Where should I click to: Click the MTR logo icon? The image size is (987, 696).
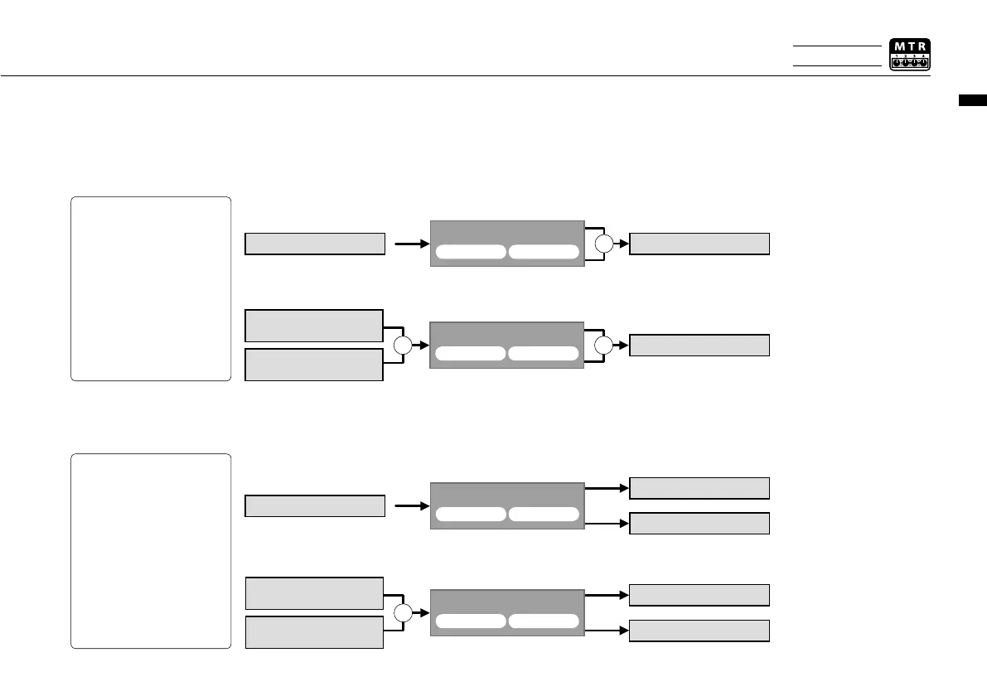pos(909,55)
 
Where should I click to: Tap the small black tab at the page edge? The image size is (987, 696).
pos(973,101)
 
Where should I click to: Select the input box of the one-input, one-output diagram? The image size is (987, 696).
pos(315,244)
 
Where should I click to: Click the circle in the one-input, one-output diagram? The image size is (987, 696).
pos(605,244)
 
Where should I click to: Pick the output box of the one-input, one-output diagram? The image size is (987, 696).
pos(699,244)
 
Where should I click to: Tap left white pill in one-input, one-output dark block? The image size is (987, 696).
pos(470,252)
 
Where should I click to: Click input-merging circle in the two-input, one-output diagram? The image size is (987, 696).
pos(402,346)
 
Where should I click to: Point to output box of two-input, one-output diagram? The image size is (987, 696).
pos(699,346)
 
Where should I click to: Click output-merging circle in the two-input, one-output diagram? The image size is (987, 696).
pos(605,346)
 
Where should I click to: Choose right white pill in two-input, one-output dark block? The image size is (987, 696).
pos(543,354)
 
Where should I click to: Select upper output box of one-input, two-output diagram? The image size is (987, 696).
pos(699,488)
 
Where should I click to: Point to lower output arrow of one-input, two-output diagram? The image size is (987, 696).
pos(607,524)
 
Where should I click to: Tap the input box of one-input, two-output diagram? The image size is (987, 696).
pos(315,505)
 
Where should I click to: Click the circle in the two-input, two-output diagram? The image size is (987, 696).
pos(402,613)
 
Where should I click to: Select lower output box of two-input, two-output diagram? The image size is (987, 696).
pos(699,631)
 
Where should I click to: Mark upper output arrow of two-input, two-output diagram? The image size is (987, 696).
pos(607,595)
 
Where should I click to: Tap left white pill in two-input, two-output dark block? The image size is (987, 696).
pos(470,621)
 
